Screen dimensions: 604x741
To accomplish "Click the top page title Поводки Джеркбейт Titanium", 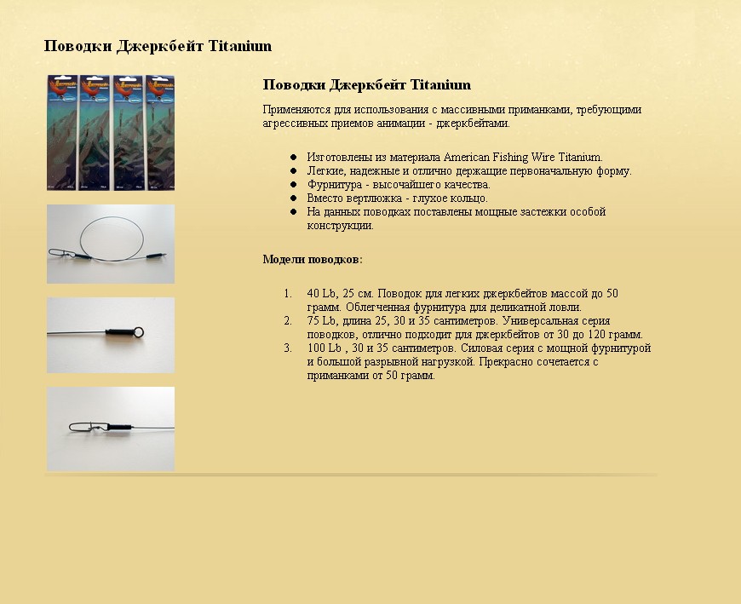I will (158, 46).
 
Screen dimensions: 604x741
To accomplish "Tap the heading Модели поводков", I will (312, 259).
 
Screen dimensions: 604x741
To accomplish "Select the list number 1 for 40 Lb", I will (288, 294).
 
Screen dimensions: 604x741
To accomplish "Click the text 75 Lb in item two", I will (322, 321).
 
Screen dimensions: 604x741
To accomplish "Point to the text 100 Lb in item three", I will (325, 348).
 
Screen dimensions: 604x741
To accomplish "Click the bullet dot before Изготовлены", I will (293, 158).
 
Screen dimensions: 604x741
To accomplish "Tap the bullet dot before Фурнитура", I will (293, 184).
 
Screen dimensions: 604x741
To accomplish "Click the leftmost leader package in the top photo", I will (62, 132).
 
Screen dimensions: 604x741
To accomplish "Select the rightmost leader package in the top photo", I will (160, 132).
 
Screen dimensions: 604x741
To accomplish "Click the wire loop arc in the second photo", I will (111, 218).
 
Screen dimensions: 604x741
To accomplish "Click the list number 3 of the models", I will (288, 348).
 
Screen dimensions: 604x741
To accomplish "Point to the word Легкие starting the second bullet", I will (325, 171).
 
